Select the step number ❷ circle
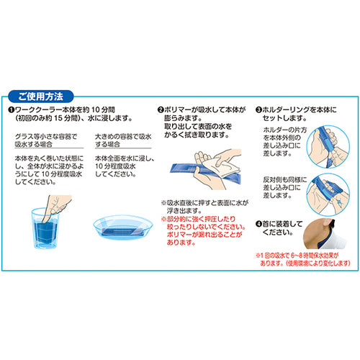click(161, 109)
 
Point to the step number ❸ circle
click(258, 109)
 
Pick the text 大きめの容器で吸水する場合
click(124, 138)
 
